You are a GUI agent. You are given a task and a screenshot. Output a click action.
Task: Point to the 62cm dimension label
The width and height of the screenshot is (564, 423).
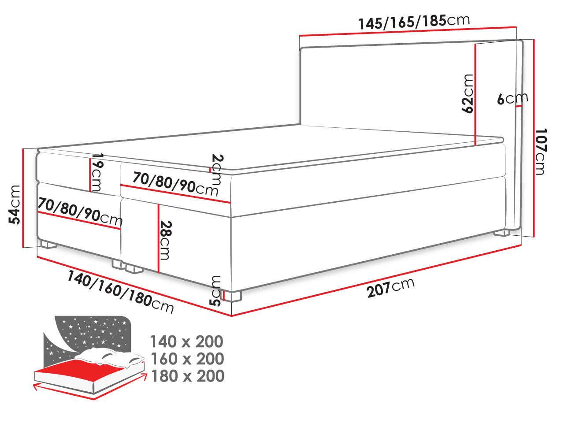[468, 93]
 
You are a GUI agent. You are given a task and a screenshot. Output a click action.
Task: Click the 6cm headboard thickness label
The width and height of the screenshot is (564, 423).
[512, 99]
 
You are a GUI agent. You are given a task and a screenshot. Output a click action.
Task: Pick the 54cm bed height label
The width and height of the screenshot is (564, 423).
[15, 204]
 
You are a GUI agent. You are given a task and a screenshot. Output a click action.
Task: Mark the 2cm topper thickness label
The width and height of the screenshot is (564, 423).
[217, 170]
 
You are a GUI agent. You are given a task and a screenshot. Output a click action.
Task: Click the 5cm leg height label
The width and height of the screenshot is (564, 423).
[215, 291]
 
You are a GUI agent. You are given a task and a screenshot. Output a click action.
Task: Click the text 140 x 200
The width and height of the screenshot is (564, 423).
[187, 341]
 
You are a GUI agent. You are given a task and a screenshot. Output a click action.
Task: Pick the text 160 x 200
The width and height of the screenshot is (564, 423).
[187, 359]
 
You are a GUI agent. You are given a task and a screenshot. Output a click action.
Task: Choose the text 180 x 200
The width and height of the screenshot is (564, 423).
[187, 376]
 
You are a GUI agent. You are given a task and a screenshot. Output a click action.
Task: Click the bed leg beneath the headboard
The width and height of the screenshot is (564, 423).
[501, 232]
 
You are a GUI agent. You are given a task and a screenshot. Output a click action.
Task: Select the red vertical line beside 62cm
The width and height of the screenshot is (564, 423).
[476, 95]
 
